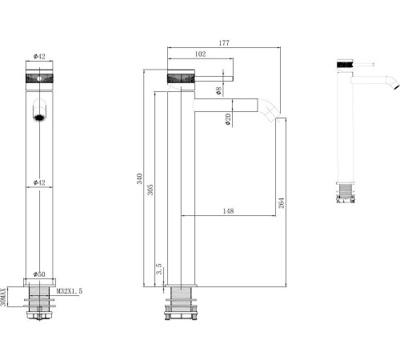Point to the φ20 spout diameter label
[x=228, y=118]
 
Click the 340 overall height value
[x=140, y=179]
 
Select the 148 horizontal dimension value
[x=229, y=211]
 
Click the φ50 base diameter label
[x=38, y=274]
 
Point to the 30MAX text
[x=5, y=296]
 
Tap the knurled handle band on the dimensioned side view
[x=180, y=78]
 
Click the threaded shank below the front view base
[x=38, y=306]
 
